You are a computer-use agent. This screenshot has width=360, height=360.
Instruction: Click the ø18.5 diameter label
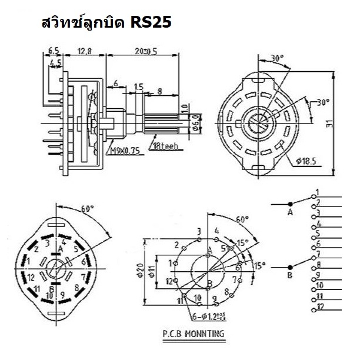pos(306,159)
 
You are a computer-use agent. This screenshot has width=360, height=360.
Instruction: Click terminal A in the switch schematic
pos(290,212)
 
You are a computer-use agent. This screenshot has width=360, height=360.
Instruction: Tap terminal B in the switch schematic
pos(290,274)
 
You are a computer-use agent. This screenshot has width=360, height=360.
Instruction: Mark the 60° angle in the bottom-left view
pos(87,209)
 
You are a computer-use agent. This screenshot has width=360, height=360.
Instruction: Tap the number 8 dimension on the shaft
pos(160,92)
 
